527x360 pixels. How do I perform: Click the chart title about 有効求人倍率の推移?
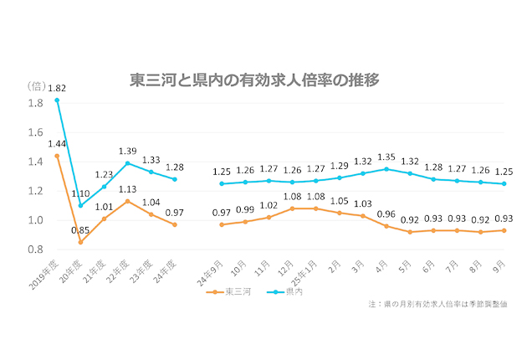[255, 80]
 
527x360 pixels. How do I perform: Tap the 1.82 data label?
[58, 87]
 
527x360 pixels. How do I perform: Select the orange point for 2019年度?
[57, 156]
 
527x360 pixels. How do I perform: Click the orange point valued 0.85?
[80, 242]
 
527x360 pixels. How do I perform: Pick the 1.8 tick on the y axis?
[36, 103]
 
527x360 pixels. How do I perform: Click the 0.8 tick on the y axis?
[36, 249]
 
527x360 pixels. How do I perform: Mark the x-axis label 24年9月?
[211, 269]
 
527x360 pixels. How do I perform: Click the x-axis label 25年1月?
[304, 269]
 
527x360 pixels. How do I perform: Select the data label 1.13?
[127, 188]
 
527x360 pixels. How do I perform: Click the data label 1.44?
[58, 143]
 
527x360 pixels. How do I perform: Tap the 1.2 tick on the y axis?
[36, 191]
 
